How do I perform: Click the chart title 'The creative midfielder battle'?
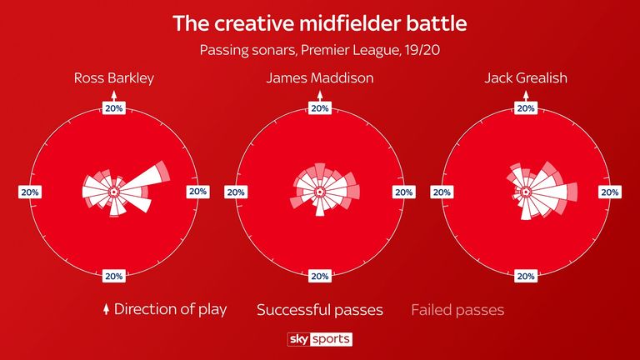[320, 23]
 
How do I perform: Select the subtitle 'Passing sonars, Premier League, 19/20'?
[320, 50]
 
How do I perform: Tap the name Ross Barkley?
[114, 78]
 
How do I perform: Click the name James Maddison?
[320, 77]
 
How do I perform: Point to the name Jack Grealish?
[526, 77]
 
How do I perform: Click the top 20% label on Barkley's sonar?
[114, 108]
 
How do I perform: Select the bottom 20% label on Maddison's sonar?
[320, 277]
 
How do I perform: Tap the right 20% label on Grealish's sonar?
[610, 192]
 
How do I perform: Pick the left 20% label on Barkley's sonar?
[30, 192]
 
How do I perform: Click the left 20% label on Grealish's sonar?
[442, 192]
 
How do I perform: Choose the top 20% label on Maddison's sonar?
[320, 108]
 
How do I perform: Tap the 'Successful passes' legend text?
[320, 310]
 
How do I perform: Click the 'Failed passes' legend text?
[457, 310]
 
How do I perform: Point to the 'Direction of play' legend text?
[170, 309]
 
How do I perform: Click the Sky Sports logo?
[320, 339]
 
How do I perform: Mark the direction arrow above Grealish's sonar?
[526, 97]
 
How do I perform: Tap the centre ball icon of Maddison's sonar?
[320, 192]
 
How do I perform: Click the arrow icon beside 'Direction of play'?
[106, 309]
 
